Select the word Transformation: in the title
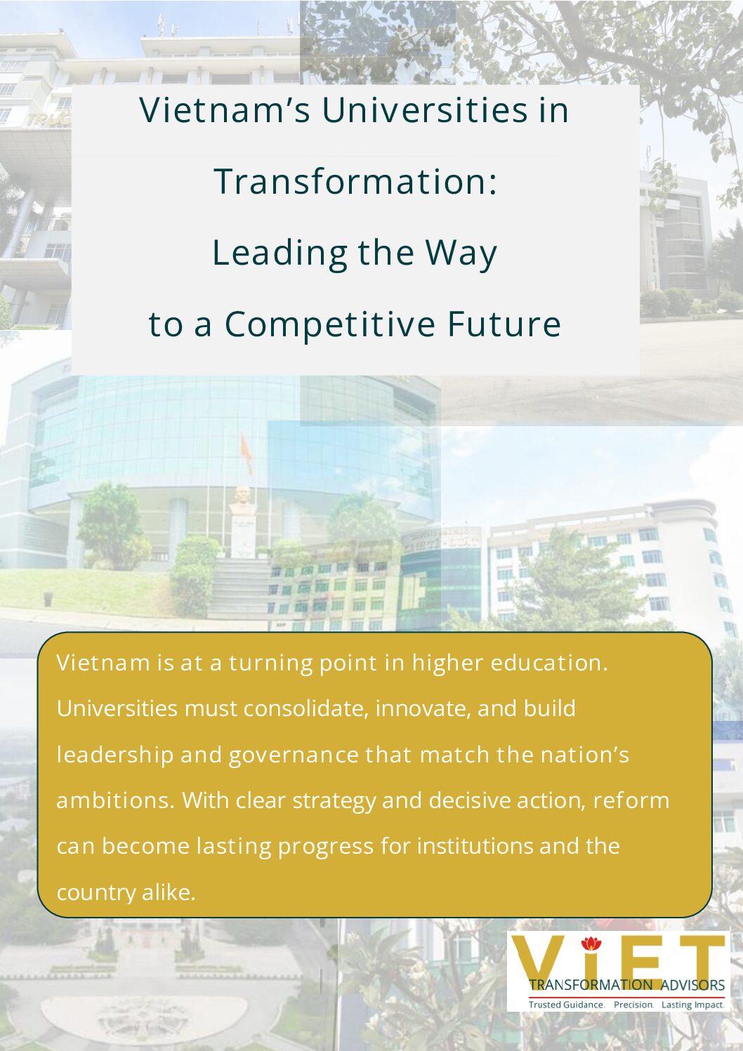tap(355, 181)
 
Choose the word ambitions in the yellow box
tap(114, 800)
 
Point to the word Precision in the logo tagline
tap(633, 1005)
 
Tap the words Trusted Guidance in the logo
tap(565, 1005)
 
